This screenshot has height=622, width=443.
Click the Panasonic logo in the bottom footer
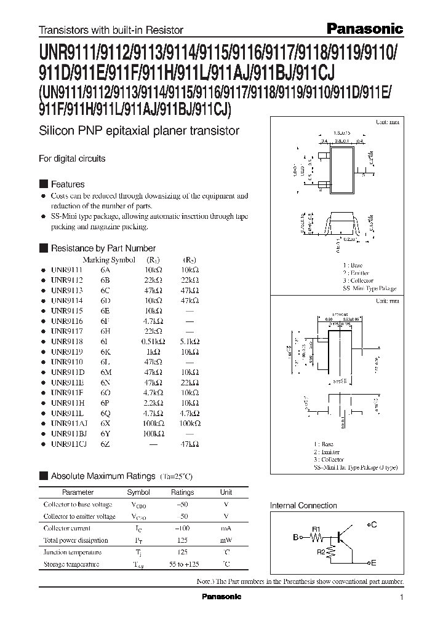pos(223,597)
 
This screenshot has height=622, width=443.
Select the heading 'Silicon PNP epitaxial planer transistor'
pos(139,131)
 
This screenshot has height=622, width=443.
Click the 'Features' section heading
pos(67,184)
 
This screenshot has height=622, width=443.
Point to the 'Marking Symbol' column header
pos(109,259)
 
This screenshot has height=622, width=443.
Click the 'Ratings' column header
pos(182,492)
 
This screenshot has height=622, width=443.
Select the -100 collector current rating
pos(182,528)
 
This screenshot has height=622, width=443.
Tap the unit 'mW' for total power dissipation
pos(226,540)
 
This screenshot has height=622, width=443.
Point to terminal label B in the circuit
pos(295,537)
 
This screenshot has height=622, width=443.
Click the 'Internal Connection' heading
pos(304,505)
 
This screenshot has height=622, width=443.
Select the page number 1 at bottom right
pos(402,597)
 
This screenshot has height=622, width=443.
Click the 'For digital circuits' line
pos(72,158)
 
